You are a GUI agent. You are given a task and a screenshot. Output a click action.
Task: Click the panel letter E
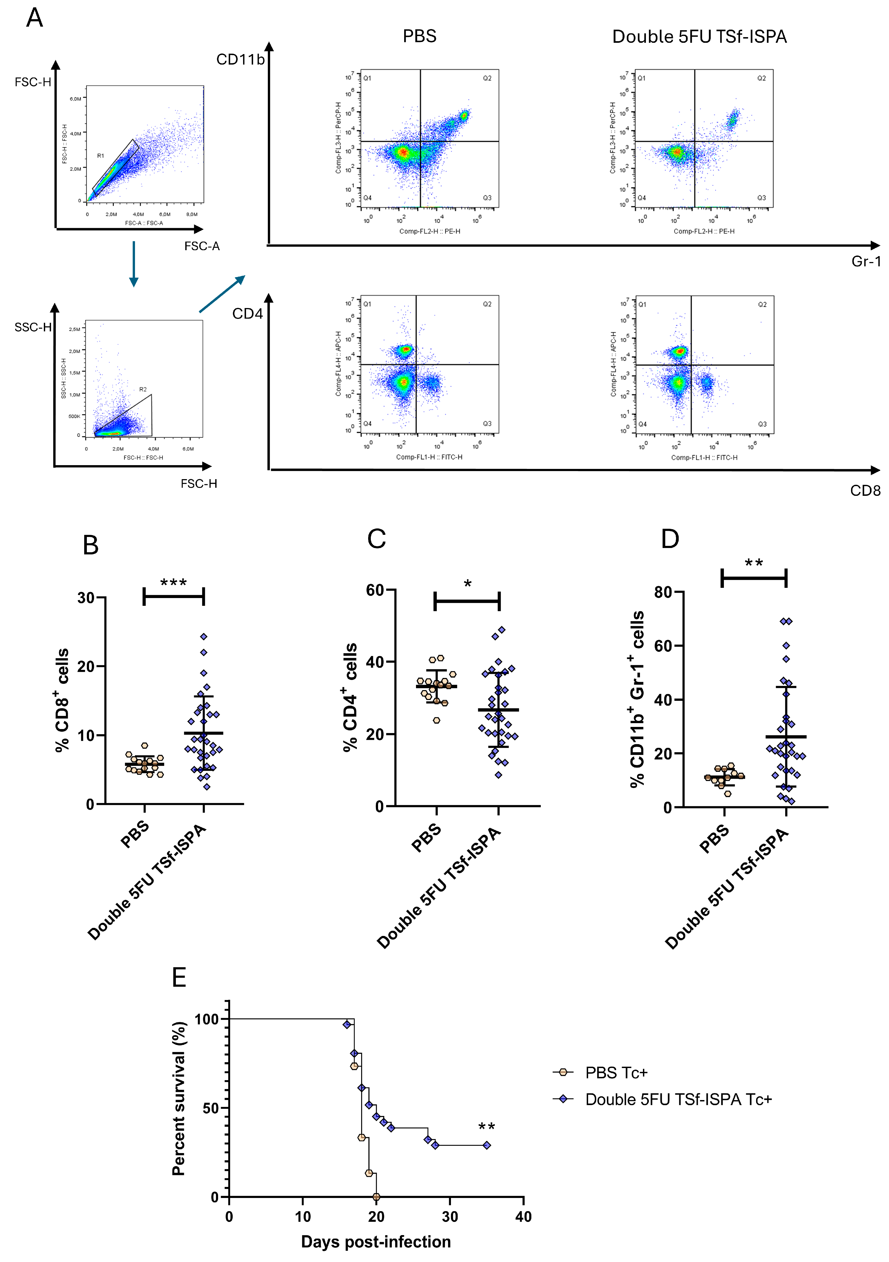click(x=179, y=978)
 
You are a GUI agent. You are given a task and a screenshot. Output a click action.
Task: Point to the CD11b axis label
click(x=240, y=59)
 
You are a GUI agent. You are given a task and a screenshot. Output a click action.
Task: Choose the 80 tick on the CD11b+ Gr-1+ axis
click(x=663, y=592)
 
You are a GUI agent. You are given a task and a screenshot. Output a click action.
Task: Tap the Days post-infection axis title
click(x=376, y=1242)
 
